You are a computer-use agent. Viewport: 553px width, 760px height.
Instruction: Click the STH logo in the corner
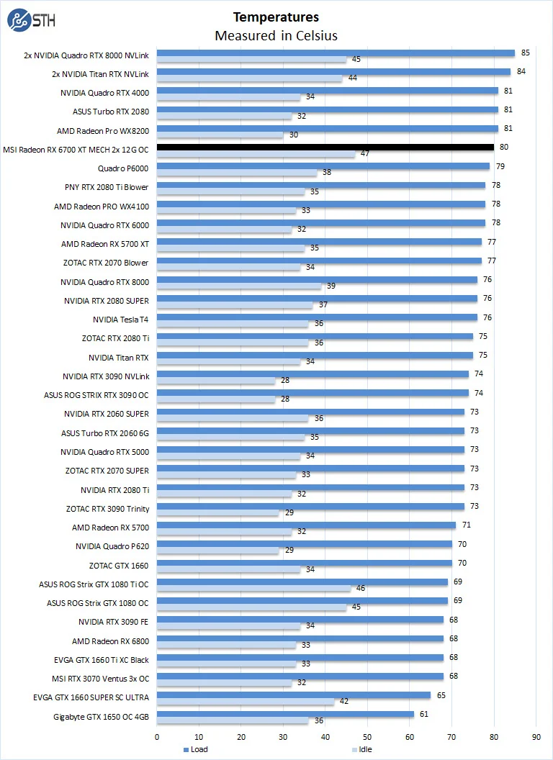pyautogui.click(x=27, y=21)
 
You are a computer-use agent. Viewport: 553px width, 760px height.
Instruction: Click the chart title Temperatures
pyautogui.click(x=276, y=17)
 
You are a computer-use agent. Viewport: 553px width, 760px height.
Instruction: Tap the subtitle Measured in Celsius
pyautogui.click(x=276, y=35)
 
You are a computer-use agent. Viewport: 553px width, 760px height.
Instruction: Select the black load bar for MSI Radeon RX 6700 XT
pyautogui.click(x=325, y=148)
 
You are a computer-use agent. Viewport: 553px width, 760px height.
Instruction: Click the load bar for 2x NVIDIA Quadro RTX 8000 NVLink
pyautogui.click(x=336, y=53)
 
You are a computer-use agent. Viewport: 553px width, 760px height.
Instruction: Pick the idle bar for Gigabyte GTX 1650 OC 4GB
pyautogui.click(x=233, y=721)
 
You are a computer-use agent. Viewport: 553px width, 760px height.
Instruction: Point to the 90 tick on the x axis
pyautogui.click(x=536, y=736)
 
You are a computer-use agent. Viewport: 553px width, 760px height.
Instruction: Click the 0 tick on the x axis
pyautogui.click(x=157, y=736)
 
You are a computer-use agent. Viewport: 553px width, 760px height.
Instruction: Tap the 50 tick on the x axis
pyautogui.click(x=367, y=736)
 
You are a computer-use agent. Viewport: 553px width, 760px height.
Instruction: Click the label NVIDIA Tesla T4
pyautogui.click(x=120, y=320)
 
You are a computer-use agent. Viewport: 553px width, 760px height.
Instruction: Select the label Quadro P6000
pyautogui.click(x=123, y=168)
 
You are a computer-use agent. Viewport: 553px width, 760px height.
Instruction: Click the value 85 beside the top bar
pyautogui.click(x=526, y=53)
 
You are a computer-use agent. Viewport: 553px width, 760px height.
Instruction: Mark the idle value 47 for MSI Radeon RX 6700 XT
pyautogui.click(x=365, y=153)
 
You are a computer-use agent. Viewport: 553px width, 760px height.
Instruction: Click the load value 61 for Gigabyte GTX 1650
pyautogui.click(x=425, y=713)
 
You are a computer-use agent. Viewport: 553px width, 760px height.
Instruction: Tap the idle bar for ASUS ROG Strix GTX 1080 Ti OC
pyautogui.click(x=253, y=589)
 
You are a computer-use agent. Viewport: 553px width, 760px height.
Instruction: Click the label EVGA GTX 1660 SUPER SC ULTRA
pyautogui.click(x=91, y=697)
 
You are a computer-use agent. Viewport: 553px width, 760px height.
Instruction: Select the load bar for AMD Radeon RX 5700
pyautogui.click(x=306, y=525)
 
